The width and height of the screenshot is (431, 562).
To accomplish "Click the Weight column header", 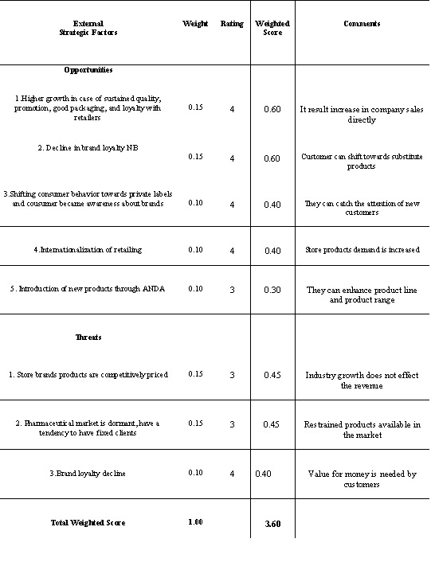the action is point(195,24).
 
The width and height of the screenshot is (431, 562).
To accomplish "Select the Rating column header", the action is point(232,24).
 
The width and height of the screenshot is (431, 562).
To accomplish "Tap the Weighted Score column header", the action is point(272,28).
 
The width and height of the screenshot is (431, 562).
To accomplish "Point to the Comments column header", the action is point(362,24).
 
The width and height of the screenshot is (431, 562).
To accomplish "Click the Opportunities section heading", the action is point(88,70).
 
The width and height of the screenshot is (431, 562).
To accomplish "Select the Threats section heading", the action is point(88,337).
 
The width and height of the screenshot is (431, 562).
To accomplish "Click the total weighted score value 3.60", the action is point(273,523).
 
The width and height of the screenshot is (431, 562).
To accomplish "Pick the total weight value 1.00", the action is point(195,522).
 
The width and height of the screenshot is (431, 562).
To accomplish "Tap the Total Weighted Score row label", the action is point(88,522).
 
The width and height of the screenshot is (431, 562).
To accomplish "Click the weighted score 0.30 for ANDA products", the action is point(272,290).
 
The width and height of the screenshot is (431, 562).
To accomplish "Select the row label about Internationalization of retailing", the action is point(88,250).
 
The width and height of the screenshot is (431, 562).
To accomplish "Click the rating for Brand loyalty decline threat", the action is point(232,474).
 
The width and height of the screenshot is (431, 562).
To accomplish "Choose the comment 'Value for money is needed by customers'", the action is point(362,478).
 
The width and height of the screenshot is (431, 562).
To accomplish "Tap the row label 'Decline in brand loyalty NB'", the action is point(88,148).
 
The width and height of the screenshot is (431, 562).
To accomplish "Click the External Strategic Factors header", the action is point(88,28).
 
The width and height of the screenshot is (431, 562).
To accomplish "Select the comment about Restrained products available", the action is point(362,430).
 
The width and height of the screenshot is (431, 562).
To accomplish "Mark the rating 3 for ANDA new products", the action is point(232,290).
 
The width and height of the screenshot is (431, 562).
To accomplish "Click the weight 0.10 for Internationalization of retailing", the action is point(195,250).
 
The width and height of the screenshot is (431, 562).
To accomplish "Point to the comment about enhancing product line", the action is point(362,295).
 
